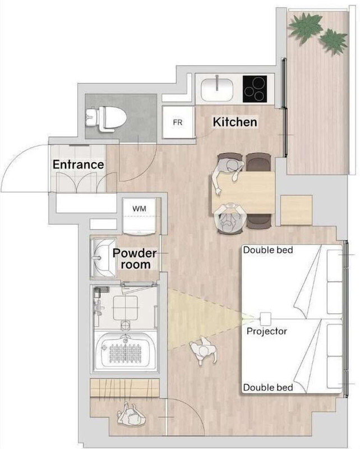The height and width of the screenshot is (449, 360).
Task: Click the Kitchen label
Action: point(235,122)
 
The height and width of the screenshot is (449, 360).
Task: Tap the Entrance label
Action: point(78,164)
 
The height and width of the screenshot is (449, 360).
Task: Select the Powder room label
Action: point(135,259)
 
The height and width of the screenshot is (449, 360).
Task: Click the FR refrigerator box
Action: point(178,122)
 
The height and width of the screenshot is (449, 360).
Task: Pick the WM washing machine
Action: point(140,216)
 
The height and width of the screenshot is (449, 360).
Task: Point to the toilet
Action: point(106,119)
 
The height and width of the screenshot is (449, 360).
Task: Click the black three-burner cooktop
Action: point(255,89)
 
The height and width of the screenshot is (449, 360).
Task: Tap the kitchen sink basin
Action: point(217,89)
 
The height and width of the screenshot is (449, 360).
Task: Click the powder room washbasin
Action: point(103,258)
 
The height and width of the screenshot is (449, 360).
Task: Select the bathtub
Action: point(126,350)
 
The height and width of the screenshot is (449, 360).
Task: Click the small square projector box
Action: point(265,317)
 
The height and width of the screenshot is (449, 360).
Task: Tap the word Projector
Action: point(267,331)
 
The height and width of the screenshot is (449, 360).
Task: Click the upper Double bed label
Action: point(268,250)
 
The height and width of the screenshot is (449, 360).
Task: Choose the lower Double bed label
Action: point(268,387)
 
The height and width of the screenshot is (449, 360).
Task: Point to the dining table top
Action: point(243,192)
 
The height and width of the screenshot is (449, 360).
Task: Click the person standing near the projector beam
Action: point(204,350)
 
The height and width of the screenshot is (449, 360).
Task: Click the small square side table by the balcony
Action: point(296,210)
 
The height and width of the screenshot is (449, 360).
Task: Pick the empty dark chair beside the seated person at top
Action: point(259,162)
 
